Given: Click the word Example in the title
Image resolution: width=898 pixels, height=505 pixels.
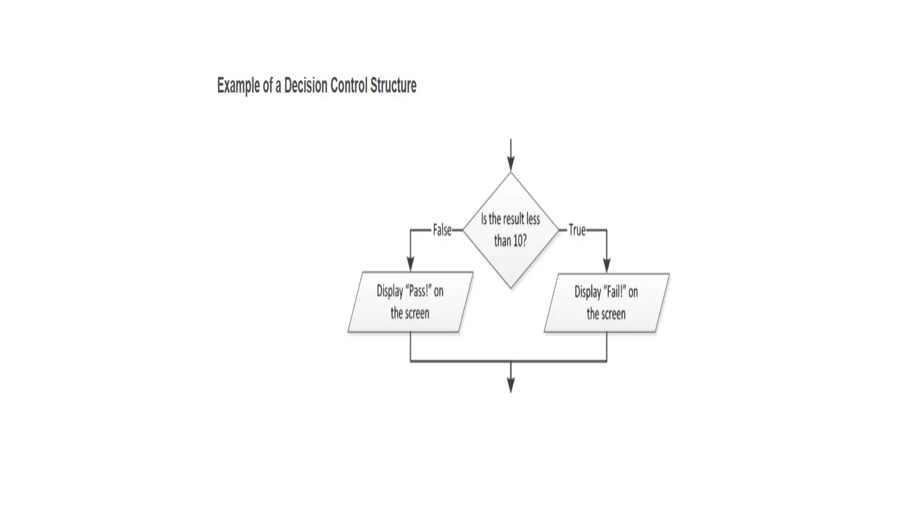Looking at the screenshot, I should click(238, 86).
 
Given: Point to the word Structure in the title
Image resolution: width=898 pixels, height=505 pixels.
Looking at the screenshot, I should click(393, 85).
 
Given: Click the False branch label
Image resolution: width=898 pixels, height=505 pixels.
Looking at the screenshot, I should click(442, 230).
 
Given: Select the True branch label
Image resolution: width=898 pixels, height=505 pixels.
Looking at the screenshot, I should click(577, 230).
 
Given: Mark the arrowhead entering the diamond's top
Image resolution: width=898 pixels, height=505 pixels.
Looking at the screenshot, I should click(511, 165).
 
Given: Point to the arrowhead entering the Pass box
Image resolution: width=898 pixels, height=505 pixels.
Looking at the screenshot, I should click(410, 264).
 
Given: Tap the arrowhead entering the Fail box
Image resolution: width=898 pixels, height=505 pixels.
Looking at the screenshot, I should click(607, 266).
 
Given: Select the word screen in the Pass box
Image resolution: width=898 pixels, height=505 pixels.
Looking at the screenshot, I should click(417, 313).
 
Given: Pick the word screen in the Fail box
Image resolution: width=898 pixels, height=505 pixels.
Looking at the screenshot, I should click(613, 314).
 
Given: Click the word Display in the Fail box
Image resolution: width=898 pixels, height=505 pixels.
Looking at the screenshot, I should click(588, 292).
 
